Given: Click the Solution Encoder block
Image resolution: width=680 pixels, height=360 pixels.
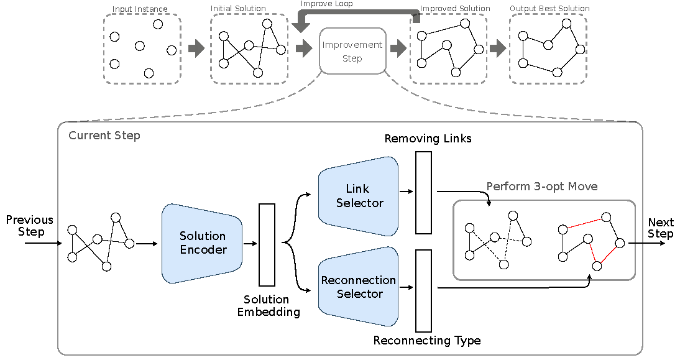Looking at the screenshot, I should click(x=202, y=243).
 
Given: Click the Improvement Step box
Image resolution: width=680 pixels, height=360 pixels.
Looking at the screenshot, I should click(x=352, y=52).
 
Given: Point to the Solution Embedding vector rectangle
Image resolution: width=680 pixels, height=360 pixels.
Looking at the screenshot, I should click(x=267, y=244).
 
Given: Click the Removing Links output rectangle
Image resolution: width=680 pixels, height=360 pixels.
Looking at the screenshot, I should click(x=423, y=192).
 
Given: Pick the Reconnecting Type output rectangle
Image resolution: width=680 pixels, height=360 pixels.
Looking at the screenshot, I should click(x=423, y=290).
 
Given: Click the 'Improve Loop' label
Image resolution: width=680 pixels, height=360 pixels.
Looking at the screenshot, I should click(x=326, y=4).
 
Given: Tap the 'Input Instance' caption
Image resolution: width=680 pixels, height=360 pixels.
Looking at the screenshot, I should click(x=140, y=9).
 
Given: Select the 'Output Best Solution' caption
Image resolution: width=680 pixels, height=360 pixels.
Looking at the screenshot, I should click(x=549, y=9).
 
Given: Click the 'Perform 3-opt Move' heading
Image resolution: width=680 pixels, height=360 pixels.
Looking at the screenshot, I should click(x=542, y=187).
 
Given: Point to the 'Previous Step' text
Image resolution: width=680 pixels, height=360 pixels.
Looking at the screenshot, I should click(x=30, y=226).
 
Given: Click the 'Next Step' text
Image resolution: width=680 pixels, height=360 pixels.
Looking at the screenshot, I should click(x=661, y=228).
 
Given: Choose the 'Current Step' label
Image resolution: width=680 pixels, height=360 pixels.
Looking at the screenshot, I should click(x=104, y=136).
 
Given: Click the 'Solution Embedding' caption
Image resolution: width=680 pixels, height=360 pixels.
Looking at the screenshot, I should click(x=269, y=306).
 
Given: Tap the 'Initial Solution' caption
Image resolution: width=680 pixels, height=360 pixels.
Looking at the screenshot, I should click(x=238, y=9).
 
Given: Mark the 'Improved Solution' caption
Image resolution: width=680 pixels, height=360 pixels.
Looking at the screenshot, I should click(x=455, y=9).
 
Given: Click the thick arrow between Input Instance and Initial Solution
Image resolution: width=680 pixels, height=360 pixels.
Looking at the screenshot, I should click(x=196, y=48).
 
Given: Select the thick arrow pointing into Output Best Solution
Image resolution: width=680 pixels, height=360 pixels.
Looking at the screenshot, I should click(x=498, y=48).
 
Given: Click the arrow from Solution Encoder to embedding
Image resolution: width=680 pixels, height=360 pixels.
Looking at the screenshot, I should click(x=250, y=244).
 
